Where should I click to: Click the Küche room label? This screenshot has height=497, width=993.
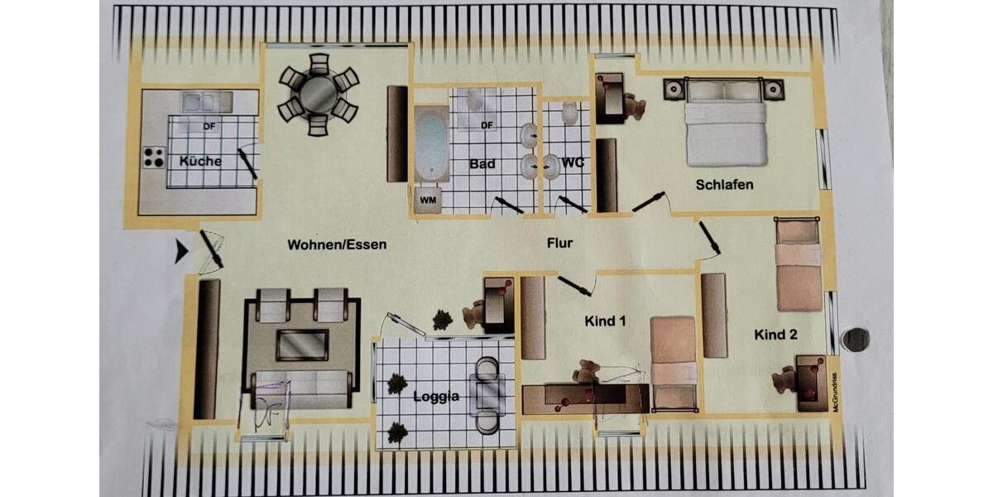(x=200, y=161)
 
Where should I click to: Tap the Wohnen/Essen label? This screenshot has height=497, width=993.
(x=337, y=244)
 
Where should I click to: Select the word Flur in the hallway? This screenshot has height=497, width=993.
(x=559, y=244)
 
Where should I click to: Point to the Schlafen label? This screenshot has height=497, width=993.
(x=724, y=184)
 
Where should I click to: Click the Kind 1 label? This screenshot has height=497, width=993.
(x=605, y=321)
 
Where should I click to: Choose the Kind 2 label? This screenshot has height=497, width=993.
(x=775, y=334)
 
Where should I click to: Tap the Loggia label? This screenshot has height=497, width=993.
(x=436, y=397)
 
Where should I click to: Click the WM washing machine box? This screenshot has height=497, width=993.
(x=428, y=200)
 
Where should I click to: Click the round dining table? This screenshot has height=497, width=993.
(x=319, y=94)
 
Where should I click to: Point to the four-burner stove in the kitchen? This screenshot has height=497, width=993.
(x=154, y=157)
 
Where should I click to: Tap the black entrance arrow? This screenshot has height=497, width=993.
(x=181, y=251)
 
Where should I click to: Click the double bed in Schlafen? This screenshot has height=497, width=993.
(x=726, y=124)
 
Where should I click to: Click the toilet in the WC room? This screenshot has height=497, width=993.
(x=569, y=113)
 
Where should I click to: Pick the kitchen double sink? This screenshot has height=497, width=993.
(x=199, y=102)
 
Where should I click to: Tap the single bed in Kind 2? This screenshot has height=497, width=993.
(x=798, y=265)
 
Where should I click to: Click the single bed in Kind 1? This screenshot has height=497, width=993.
(x=673, y=361)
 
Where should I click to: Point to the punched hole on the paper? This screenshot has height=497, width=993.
(x=855, y=339)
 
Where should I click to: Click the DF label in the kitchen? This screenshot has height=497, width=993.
(x=209, y=127)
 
